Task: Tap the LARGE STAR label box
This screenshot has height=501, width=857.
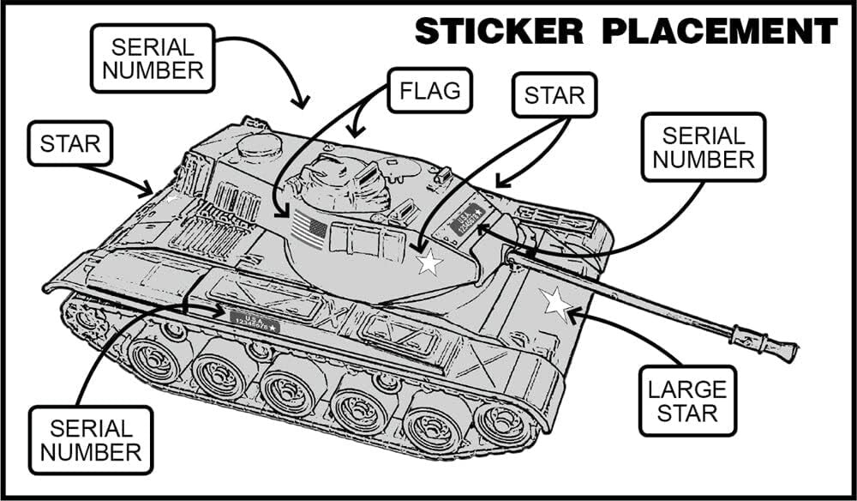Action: coord(686,401)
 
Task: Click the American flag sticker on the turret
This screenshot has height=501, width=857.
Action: coord(309,230)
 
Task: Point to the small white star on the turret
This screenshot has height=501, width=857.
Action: coord(428,263)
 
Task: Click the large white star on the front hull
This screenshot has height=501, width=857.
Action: coord(555,303)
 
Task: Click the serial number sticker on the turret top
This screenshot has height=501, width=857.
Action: coord(466,220)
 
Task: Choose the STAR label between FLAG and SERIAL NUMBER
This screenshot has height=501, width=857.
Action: coord(554,94)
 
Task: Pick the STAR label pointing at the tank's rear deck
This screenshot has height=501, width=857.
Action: coord(70,143)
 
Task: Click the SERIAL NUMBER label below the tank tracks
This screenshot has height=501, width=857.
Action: coord(91,441)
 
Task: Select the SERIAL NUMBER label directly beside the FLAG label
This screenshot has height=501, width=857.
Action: coord(153,57)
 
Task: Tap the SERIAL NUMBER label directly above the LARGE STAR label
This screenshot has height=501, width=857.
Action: coord(703,148)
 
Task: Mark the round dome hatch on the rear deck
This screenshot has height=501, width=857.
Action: coord(260,145)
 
